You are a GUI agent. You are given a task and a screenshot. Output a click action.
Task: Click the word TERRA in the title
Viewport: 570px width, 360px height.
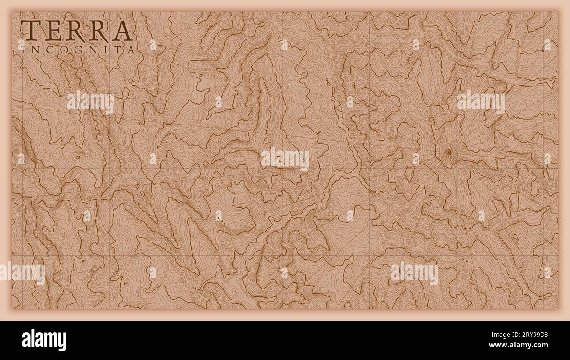[x=77, y=31]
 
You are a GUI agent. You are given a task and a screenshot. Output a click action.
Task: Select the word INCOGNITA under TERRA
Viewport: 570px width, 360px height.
[x=78, y=50]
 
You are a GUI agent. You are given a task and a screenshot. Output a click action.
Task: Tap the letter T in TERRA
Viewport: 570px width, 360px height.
[x=31, y=31]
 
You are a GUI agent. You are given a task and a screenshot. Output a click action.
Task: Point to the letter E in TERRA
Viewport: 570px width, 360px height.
[x=52, y=31]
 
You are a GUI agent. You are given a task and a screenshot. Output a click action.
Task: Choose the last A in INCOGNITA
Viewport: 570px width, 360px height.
[x=130, y=50]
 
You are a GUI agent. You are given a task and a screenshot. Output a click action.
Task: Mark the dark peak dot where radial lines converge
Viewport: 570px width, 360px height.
[x=449, y=153]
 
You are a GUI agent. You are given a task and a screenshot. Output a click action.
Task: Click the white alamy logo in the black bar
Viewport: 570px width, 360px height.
[x=44, y=340]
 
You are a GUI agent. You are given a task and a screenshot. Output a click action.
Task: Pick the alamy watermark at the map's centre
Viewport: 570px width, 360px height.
[x=285, y=159]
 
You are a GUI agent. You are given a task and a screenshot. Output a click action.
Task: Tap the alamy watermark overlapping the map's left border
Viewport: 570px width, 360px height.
[x=23, y=273]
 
